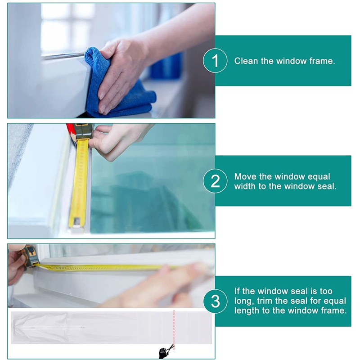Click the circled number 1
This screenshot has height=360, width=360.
[215, 61]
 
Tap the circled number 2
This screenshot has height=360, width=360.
[215, 181]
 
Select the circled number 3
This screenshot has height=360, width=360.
[215, 301]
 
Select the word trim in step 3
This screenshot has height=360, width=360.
[264, 301]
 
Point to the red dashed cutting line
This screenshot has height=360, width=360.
[174, 330]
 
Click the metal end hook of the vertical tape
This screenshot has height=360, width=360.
[76, 222]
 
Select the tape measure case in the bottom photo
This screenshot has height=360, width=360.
[31, 256]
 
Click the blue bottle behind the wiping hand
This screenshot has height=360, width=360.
[167, 66]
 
